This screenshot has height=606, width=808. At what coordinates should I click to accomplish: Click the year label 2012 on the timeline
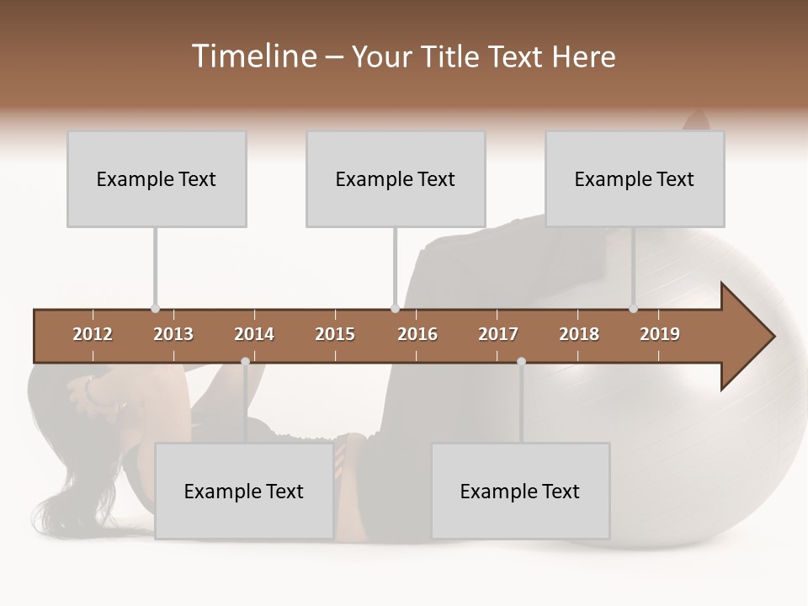coord(93,334)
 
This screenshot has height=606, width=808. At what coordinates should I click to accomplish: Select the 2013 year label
coord(173,334)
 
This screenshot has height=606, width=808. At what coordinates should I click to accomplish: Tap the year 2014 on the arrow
coord(254,334)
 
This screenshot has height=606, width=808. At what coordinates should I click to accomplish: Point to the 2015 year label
coord(335,334)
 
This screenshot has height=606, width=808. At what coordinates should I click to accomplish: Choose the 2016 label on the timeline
coord(417,334)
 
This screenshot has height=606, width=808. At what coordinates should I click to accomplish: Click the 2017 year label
coord(498,334)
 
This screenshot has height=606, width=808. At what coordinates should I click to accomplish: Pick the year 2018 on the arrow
coord(579,334)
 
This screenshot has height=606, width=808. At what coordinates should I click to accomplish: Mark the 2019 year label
coord(660,334)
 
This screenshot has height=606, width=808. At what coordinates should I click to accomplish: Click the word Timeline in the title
coord(252,56)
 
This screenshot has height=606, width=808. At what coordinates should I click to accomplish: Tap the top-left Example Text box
coord(157,178)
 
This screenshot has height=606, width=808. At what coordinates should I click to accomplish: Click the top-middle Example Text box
coord(396,178)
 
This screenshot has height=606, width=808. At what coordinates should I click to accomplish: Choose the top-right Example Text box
coord(635,178)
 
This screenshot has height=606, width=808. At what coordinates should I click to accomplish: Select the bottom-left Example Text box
coord(244,491)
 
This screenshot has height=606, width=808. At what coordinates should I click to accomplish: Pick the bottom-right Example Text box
coord(520,491)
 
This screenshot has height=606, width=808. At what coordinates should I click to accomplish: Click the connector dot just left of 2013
coord(155,309)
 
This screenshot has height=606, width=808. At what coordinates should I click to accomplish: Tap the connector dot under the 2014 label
coord(245,361)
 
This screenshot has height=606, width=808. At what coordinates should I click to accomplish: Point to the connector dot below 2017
coord(521,361)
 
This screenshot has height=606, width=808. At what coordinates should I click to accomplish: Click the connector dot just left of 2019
coord(634,309)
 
